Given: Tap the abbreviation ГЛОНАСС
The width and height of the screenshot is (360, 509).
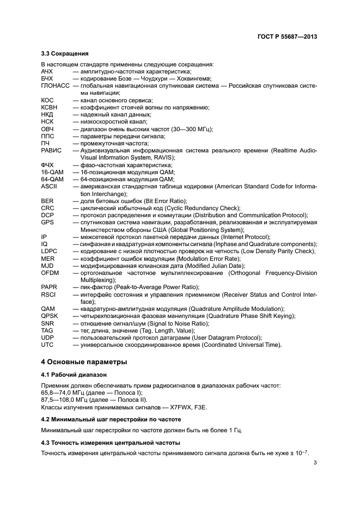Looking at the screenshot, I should point(56,86).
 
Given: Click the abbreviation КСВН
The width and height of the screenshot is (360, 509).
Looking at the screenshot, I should point(49,108).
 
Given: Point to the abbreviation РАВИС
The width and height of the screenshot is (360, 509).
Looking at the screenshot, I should point(51,150).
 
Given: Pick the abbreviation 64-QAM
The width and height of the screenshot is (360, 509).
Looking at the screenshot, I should point(52,179).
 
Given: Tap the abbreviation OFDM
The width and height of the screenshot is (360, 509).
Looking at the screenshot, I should point(50,272).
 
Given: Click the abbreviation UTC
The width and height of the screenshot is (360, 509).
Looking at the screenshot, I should point(47,345).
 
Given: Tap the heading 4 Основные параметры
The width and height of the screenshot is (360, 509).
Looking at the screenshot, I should point(84,362).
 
